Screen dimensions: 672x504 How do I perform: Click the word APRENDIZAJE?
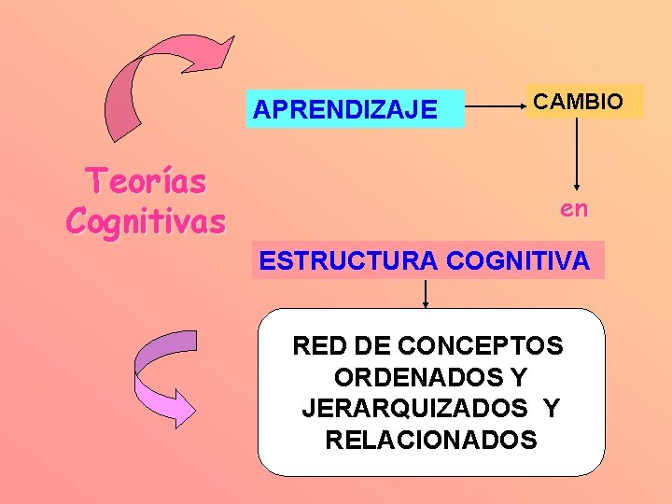click(344, 110)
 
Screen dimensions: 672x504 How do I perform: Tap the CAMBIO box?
click(584, 101)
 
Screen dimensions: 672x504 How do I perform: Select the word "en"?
click(574, 209)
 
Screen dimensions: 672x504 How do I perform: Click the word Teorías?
click(146, 181)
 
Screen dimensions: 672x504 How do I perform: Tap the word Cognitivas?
click(146, 222)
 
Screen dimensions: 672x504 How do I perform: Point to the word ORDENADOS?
click(416, 378)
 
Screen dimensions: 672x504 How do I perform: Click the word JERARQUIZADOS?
click(414, 409)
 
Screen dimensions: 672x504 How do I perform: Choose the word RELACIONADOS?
click(431, 440)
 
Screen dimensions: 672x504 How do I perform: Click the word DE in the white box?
click(369, 346)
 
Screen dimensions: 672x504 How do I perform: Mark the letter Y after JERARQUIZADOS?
click(552, 409)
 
